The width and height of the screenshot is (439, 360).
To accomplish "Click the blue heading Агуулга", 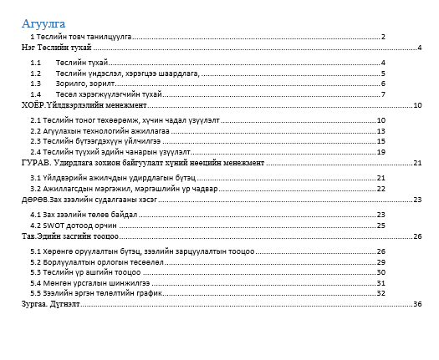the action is (44, 23).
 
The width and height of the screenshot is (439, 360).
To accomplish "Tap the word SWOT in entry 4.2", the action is (52, 226).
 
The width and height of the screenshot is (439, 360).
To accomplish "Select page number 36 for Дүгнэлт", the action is (418, 305).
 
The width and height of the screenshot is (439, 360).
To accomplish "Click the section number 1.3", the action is (35, 84).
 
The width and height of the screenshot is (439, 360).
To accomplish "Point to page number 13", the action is (380, 131).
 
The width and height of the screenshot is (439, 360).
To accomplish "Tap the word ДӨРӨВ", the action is (34, 200).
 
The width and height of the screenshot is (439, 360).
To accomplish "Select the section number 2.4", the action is (35, 153).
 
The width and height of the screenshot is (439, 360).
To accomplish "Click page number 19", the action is (380, 153).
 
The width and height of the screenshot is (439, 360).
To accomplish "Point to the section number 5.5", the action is (35, 294).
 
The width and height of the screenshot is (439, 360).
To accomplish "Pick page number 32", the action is (380, 283).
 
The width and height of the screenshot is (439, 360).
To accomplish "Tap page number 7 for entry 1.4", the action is (382, 94).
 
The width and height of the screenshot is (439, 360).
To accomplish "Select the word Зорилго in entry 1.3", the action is (69, 84).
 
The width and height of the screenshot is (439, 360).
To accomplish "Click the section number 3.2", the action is (35, 189).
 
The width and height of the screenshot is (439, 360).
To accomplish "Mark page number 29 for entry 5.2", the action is (380, 261).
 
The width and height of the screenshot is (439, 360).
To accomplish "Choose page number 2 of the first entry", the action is (382, 37).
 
